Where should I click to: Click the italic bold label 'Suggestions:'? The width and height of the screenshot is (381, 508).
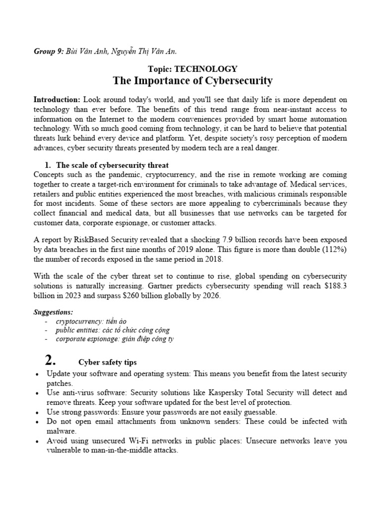53,313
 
